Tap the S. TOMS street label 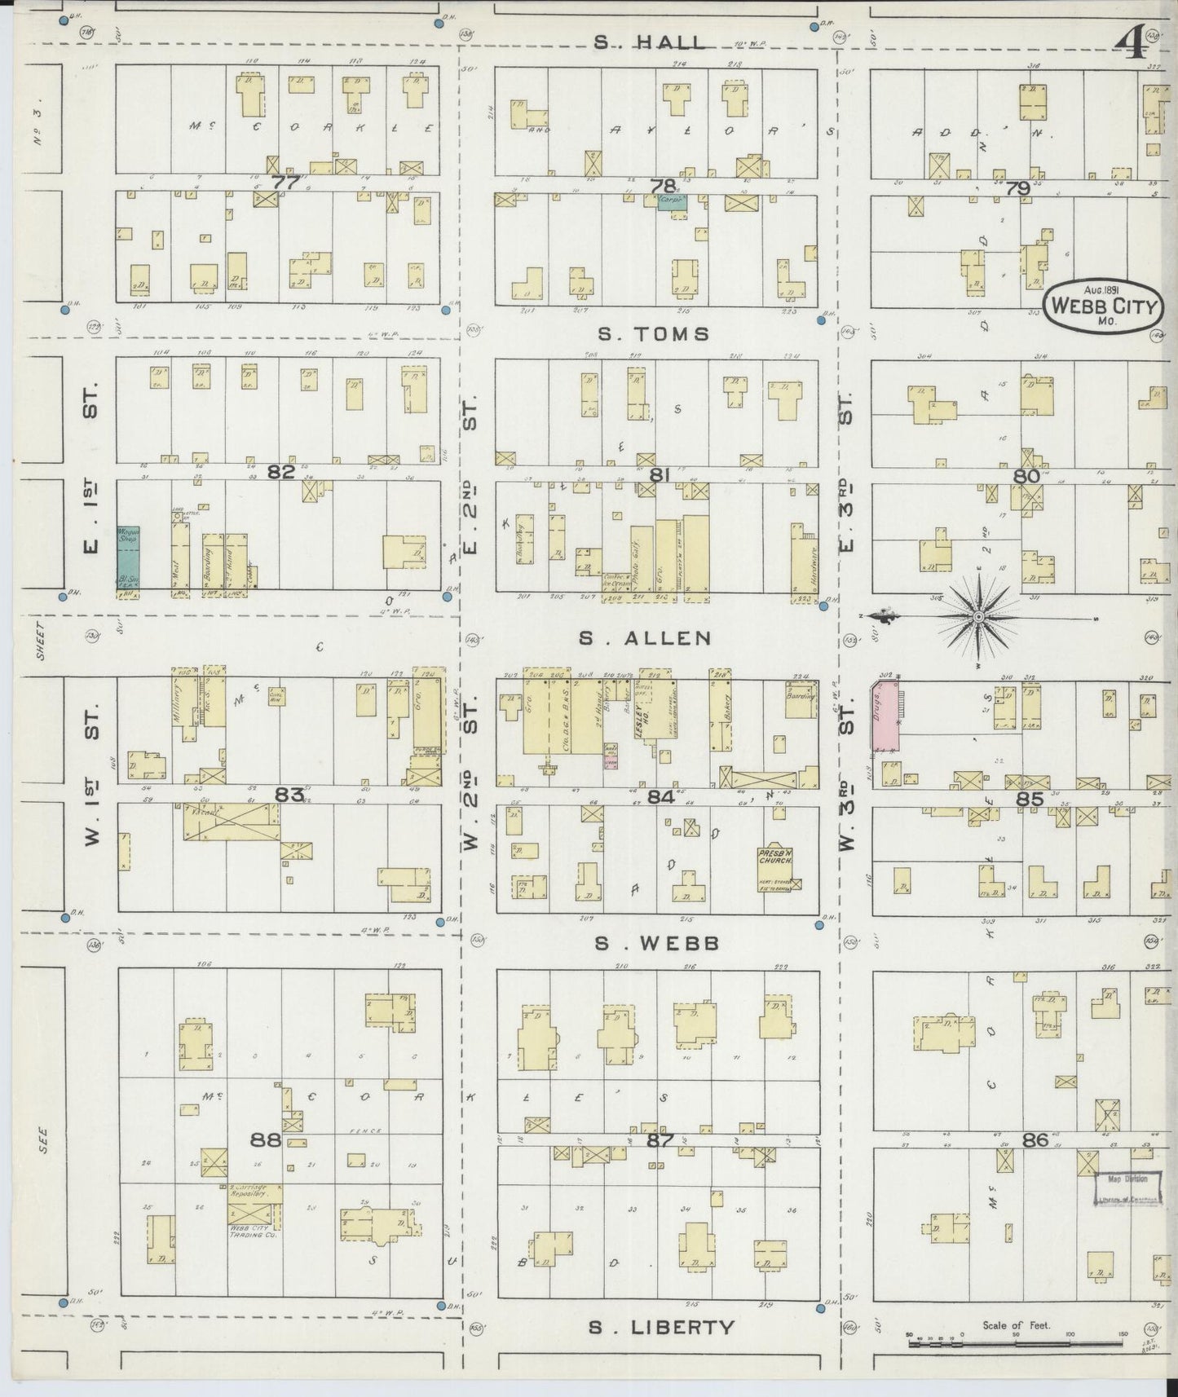pos(653,333)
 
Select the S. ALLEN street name pos(644,638)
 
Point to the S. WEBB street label pos(656,943)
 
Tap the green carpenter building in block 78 pos(672,201)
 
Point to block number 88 pos(266,1139)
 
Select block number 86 pos(1035,1139)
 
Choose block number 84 pos(661,796)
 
